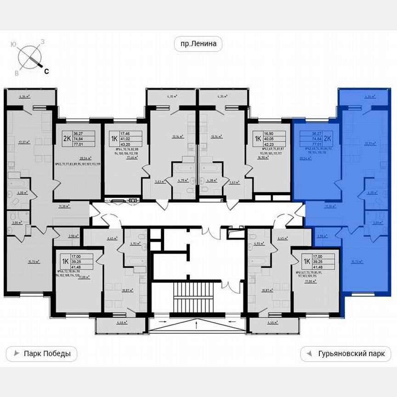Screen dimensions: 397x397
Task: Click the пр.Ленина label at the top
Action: (x=198, y=44)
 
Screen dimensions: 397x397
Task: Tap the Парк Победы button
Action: (x=41, y=354)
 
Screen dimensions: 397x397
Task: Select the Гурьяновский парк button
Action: (x=346, y=354)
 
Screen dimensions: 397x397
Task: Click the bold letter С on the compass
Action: (x=46, y=71)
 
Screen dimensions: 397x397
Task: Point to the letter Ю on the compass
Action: (x=13, y=44)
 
